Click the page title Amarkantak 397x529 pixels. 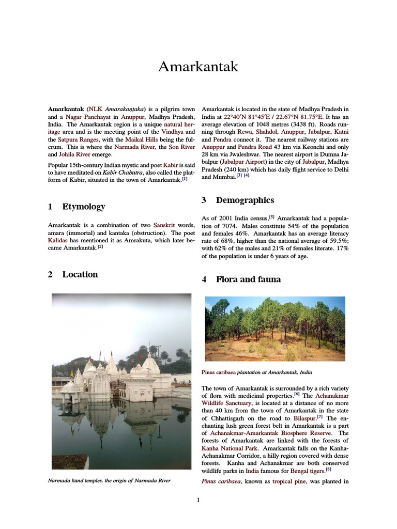click(198, 67)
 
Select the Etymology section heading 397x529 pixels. click(83, 207)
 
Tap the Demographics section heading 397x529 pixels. click(245, 200)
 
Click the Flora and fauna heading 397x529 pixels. click(248, 279)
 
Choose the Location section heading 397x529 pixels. click(80, 274)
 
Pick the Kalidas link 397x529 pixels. click(57, 241)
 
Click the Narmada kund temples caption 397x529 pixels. click(109, 480)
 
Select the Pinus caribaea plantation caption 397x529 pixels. click(257, 372)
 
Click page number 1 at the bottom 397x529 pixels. click(198, 499)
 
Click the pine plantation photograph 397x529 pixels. click(274, 329)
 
